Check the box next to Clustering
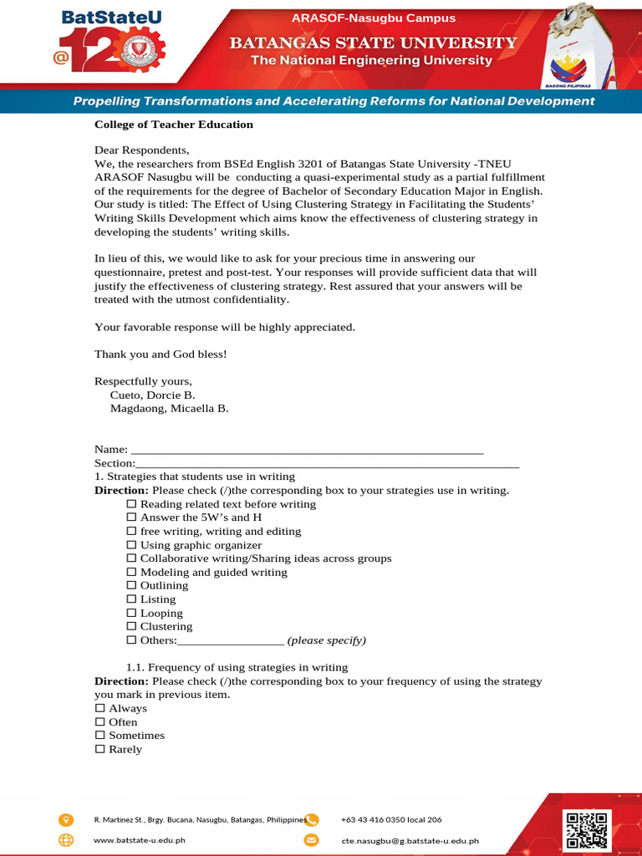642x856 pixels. [x=130, y=626]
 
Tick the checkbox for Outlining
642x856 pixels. [x=130, y=585]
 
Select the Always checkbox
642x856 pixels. [x=100, y=708]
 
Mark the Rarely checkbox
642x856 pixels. [x=100, y=749]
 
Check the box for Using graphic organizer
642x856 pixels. [x=130, y=545]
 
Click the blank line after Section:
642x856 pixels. [x=327, y=463]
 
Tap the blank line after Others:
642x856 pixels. [x=231, y=641]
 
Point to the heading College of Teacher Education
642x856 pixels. [x=173, y=125]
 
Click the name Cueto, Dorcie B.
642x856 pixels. [x=153, y=395]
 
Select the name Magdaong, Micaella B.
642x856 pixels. [x=169, y=409]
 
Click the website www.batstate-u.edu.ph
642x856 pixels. [x=139, y=841]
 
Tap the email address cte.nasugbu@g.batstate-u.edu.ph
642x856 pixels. [x=410, y=841]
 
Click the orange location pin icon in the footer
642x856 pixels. [x=66, y=819]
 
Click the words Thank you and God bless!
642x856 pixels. [x=160, y=354]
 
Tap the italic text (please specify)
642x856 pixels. [x=327, y=640]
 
